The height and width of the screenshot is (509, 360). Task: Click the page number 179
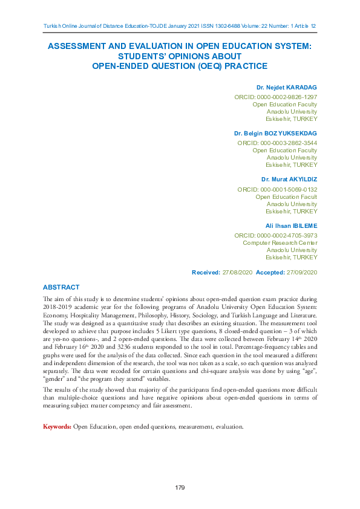180,487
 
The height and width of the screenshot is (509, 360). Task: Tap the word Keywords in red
57,427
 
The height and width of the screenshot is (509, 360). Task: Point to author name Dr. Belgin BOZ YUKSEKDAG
275,133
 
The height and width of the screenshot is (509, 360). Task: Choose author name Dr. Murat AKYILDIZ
289,180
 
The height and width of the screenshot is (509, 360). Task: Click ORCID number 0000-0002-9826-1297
287,97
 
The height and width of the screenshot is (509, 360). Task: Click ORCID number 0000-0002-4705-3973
287,235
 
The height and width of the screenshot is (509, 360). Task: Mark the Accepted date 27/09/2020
302,273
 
